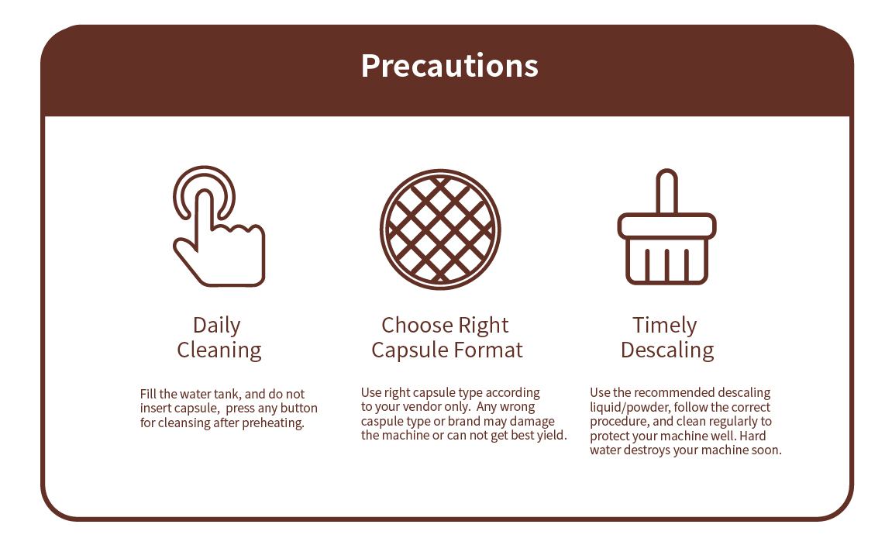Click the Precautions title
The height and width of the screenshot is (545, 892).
pyautogui.click(x=449, y=66)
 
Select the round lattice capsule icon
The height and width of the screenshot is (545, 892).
pyautogui.click(x=440, y=229)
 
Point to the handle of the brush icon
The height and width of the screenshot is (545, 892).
pyautogui.click(x=666, y=191)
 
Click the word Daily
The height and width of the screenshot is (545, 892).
pyautogui.click(x=217, y=326)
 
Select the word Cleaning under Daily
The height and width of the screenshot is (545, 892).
pyautogui.click(x=219, y=350)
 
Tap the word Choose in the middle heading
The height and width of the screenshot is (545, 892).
pyautogui.click(x=416, y=326)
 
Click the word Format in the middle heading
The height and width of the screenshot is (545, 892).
pyautogui.click(x=487, y=350)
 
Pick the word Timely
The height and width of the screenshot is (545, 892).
pyautogui.click(x=664, y=326)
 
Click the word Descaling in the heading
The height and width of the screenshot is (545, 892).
pyautogui.click(x=667, y=350)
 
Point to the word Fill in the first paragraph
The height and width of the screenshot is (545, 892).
pyautogui.click(x=148, y=394)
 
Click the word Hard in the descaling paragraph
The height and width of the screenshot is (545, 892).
pyautogui.click(x=753, y=436)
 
